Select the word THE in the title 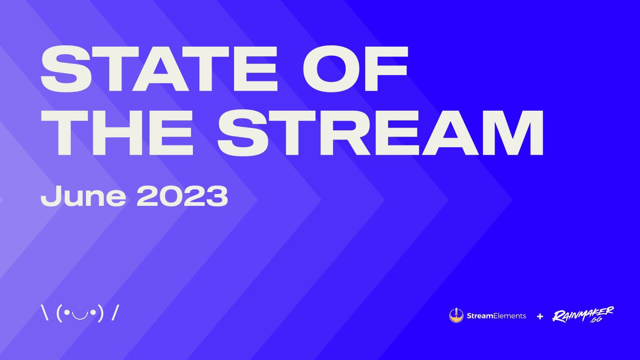[117, 132]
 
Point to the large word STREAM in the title [380, 132]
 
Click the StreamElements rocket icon [456, 315]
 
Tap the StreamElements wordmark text [496, 316]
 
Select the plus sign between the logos [540, 316]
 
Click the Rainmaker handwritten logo [582, 315]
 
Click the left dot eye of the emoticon [67, 313]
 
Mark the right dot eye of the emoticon [93, 313]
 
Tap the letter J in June [49, 196]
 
